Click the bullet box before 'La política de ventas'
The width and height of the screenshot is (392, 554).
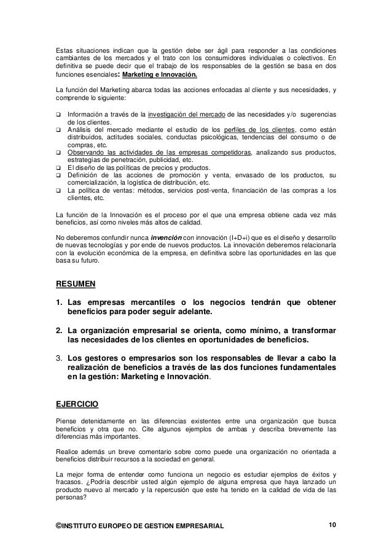59,191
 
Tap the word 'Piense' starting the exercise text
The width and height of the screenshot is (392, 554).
65,420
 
